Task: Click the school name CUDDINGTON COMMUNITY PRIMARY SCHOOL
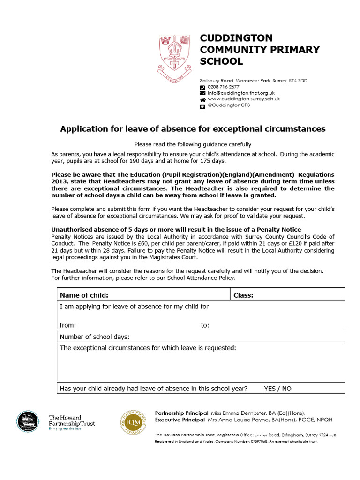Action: (260, 49)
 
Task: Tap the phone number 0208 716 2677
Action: (224, 87)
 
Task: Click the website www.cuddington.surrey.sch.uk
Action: (244, 99)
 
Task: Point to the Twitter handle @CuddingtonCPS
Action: (229, 105)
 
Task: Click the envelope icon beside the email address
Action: (202, 93)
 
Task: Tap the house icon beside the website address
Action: (202, 99)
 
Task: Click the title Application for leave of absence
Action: (193, 128)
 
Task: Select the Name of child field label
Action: (84, 295)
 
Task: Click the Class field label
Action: (243, 295)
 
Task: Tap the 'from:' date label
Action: (68, 325)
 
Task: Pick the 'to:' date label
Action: (205, 325)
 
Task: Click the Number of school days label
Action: (94, 337)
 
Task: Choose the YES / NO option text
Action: (277, 389)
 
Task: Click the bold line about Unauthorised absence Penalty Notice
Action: (176, 230)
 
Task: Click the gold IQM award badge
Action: (134, 421)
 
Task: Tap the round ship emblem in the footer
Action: (28, 421)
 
